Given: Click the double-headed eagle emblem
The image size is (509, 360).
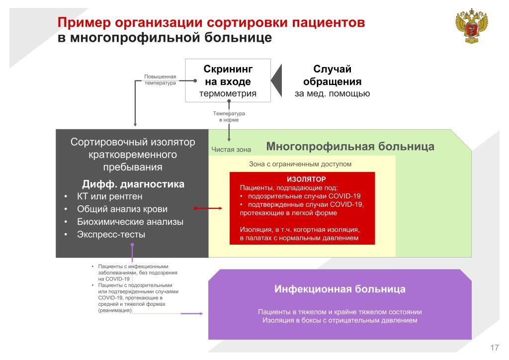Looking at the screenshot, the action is click(472, 26).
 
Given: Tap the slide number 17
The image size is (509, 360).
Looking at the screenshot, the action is click(495, 348).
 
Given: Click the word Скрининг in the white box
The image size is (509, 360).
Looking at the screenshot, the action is click(228, 69).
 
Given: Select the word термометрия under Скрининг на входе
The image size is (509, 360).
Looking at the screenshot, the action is click(228, 93).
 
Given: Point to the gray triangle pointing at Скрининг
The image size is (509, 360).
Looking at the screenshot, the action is click(276, 81).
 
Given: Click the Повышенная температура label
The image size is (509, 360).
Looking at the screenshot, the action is click(160, 80).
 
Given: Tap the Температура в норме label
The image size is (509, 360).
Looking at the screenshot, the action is click(229, 116).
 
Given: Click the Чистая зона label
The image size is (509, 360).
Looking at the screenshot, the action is click(231, 150).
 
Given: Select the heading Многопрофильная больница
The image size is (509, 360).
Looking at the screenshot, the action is click(350, 146).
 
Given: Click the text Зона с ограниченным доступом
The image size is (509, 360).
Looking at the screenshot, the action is click(300, 164).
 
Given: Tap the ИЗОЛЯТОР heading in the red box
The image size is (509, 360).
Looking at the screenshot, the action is click(306, 179).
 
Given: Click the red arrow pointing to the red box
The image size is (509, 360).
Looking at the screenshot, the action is click(208, 208).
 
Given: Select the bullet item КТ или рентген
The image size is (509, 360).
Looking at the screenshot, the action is click(110, 196).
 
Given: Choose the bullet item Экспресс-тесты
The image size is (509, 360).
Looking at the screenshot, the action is click(111, 234).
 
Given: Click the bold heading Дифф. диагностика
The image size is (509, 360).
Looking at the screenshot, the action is click(133, 184).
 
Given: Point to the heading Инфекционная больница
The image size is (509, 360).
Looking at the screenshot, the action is click(340, 289).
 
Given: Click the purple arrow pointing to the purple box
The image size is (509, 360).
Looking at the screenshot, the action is click(192, 314).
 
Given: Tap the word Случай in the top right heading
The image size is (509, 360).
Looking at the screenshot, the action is click(333, 69).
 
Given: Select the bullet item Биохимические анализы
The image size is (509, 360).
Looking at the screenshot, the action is click(130, 222).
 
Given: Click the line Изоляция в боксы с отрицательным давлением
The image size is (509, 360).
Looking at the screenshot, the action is click(340, 320).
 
